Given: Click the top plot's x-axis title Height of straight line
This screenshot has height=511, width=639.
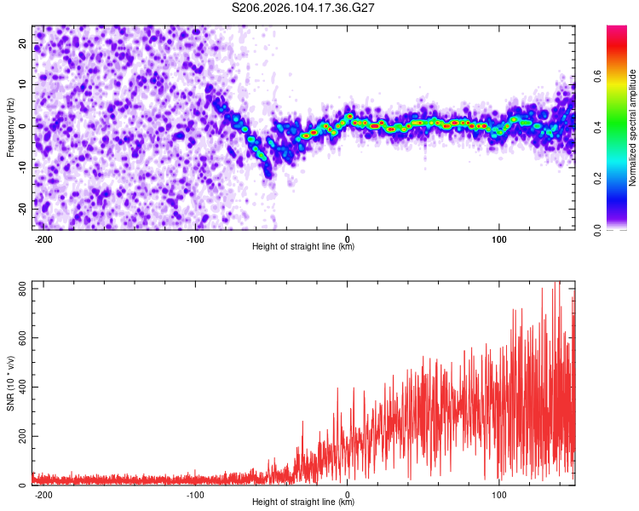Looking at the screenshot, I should [x=303, y=247].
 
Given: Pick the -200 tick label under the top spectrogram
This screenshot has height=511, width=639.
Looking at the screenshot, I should [x=44, y=238].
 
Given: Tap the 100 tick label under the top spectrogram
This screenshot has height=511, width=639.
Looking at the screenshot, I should [x=498, y=238].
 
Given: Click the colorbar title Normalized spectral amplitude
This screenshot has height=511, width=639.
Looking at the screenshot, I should [x=633, y=128].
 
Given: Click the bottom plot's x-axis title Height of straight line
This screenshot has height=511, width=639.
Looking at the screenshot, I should [x=303, y=502].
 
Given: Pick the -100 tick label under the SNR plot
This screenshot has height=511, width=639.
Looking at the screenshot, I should [x=195, y=494].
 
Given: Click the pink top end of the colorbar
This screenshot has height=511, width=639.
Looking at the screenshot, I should [x=617, y=30].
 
